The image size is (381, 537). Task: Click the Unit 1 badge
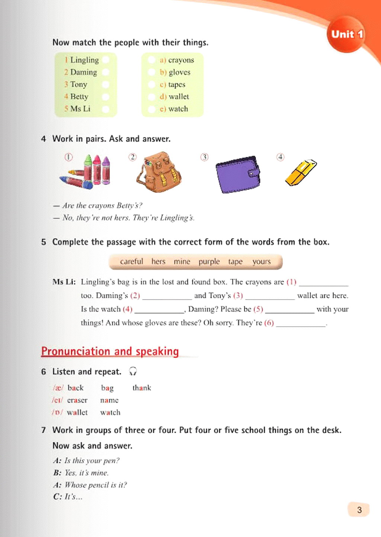[x=347, y=34]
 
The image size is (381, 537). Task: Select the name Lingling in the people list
[x=84, y=60]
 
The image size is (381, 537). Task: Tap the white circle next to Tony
[x=106, y=84]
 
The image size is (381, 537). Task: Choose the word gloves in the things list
[x=179, y=72]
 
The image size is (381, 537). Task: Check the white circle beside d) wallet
[x=151, y=97]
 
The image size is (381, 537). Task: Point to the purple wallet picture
[x=238, y=174]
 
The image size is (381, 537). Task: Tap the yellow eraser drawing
[x=301, y=172]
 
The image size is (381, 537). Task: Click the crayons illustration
[x=87, y=172]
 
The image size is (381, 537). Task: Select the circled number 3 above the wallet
[x=204, y=157]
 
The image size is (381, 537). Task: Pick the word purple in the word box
[x=209, y=262]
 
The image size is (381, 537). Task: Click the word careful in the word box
[x=131, y=262]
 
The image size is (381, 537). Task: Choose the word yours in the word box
[x=261, y=262]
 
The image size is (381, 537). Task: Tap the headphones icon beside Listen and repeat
[x=133, y=371]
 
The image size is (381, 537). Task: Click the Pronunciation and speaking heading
[x=110, y=351]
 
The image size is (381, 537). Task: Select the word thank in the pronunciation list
[x=142, y=388]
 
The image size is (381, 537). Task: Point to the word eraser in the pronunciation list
[x=77, y=400]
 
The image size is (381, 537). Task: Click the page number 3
[x=359, y=509]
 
